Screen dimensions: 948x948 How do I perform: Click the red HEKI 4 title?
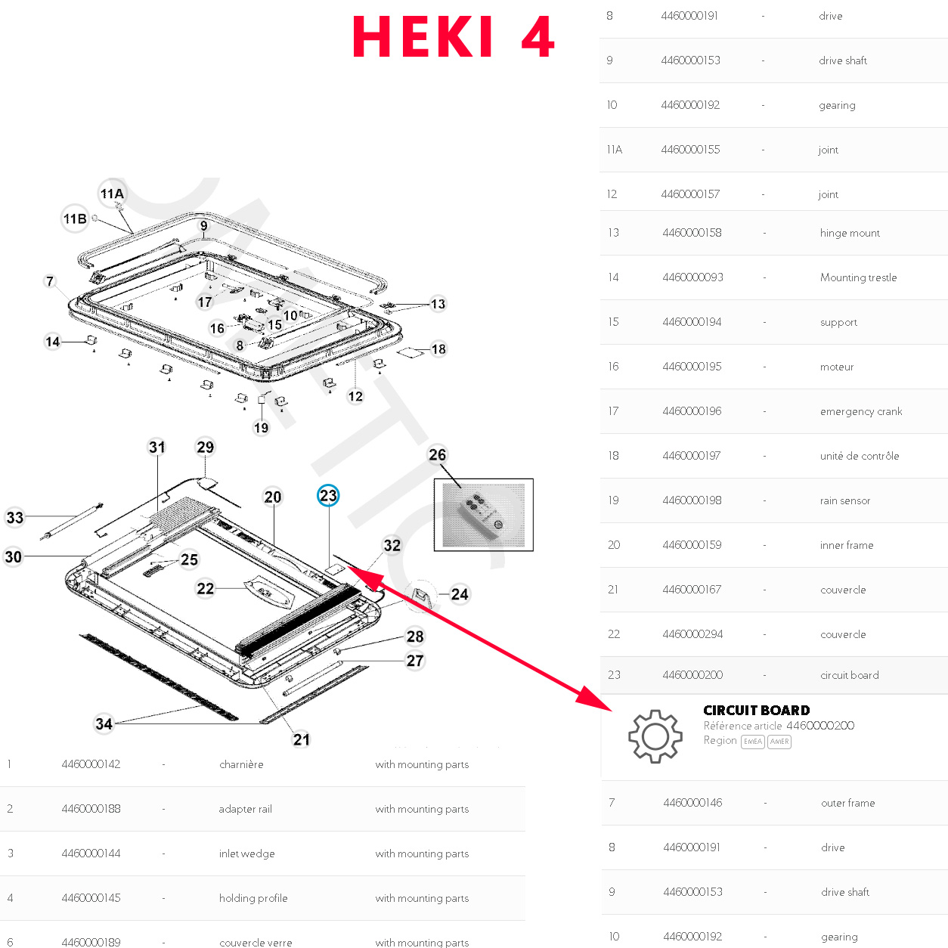coord(454,37)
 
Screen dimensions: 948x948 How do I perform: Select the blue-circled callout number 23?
coord(328,496)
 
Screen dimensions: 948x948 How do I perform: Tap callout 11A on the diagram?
coord(112,194)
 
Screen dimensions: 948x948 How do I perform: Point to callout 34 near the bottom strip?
coord(104,723)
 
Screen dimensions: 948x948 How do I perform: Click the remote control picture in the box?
coord(484,515)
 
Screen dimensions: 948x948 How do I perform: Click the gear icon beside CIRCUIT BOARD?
coord(655,736)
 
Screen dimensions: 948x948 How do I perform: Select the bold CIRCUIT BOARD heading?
coord(756,710)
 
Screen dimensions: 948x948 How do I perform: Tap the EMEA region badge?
coord(752,742)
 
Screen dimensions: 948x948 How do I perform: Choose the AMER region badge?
coord(779,742)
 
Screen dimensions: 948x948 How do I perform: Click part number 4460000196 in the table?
coord(692,411)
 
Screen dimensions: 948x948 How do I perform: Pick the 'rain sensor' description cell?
coord(845,500)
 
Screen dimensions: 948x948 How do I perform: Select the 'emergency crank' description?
coord(861,411)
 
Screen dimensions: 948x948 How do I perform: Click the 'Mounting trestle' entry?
coord(858,277)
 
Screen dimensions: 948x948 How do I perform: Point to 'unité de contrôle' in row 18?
coord(860,456)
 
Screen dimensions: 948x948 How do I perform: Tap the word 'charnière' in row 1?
coord(241,764)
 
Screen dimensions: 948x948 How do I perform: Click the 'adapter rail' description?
coord(245,809)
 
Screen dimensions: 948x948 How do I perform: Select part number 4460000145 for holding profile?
coord(91,898)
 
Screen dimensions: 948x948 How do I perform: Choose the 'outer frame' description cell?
coord(847,803)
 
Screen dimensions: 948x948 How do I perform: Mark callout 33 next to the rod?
coord(15,518)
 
